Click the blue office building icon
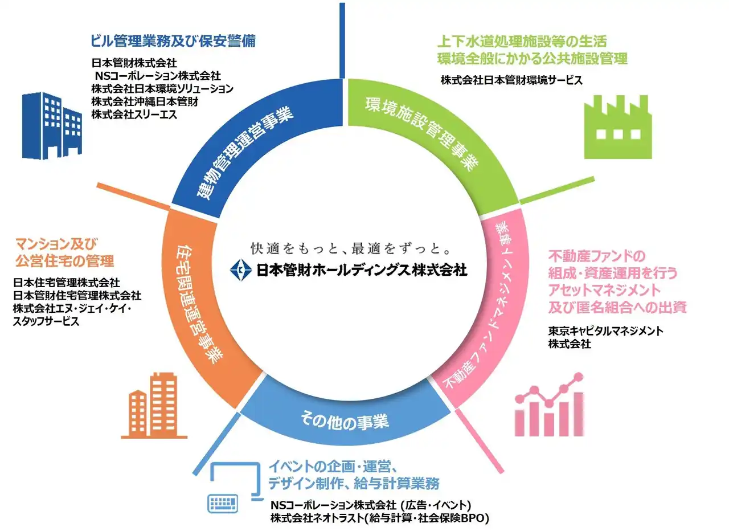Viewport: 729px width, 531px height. (x=52, y=125)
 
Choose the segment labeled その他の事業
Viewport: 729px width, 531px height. (x=345, y=422)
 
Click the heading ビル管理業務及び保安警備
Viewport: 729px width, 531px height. (x=173, y=41)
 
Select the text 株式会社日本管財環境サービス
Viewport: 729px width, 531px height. (x=511, y=80)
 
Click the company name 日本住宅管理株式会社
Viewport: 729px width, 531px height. (x=65, y=282)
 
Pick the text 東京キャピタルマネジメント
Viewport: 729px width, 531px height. (x=606, y=331)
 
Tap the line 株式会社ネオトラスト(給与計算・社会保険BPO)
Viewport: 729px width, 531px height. (x=380, y=518)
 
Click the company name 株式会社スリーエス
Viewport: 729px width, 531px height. (x=134, y=115)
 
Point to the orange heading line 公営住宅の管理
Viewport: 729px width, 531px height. (x=64, y=261)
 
